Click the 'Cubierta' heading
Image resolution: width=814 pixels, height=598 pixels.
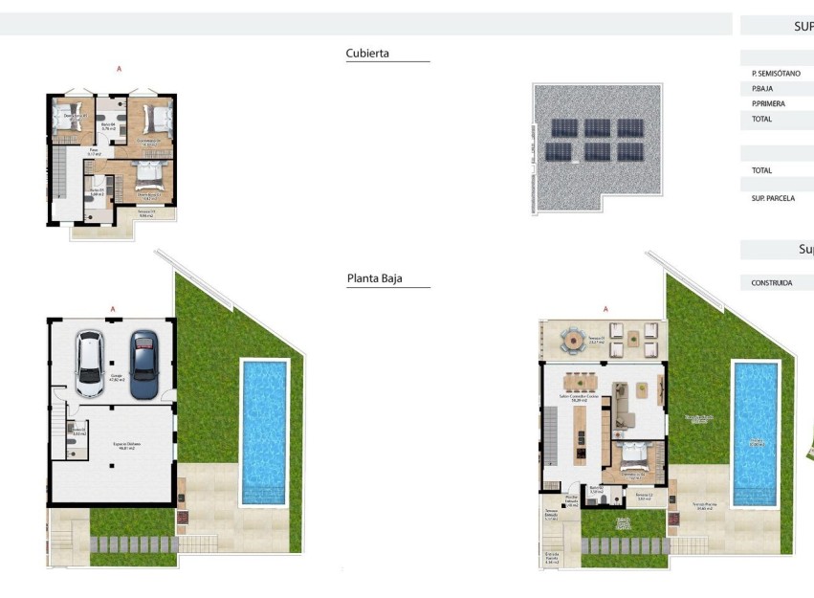[x=367, y=55]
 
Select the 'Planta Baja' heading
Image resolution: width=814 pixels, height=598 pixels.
[x=374, y=279]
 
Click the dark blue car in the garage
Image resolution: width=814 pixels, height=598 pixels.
[x=143, y=365]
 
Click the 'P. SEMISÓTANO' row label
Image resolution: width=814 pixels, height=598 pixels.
[x=776, y=74]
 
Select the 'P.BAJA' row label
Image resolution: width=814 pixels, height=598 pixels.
[x=762, y=89]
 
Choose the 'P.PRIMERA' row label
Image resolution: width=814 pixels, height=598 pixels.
[x=768, y=103]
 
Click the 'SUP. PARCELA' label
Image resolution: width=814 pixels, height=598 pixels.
[x=773, y=198]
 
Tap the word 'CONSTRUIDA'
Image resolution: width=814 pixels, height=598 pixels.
[x=771, y=283]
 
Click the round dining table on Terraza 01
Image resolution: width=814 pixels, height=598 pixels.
[x=573, y=339]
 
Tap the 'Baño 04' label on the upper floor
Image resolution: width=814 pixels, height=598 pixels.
[x=108, y=124]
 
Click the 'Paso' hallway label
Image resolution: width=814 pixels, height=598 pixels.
[x=95, y=151]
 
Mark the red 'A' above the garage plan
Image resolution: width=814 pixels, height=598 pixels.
[x=113, y=309]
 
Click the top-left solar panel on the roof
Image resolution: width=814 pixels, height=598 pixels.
[x=559, y=128]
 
